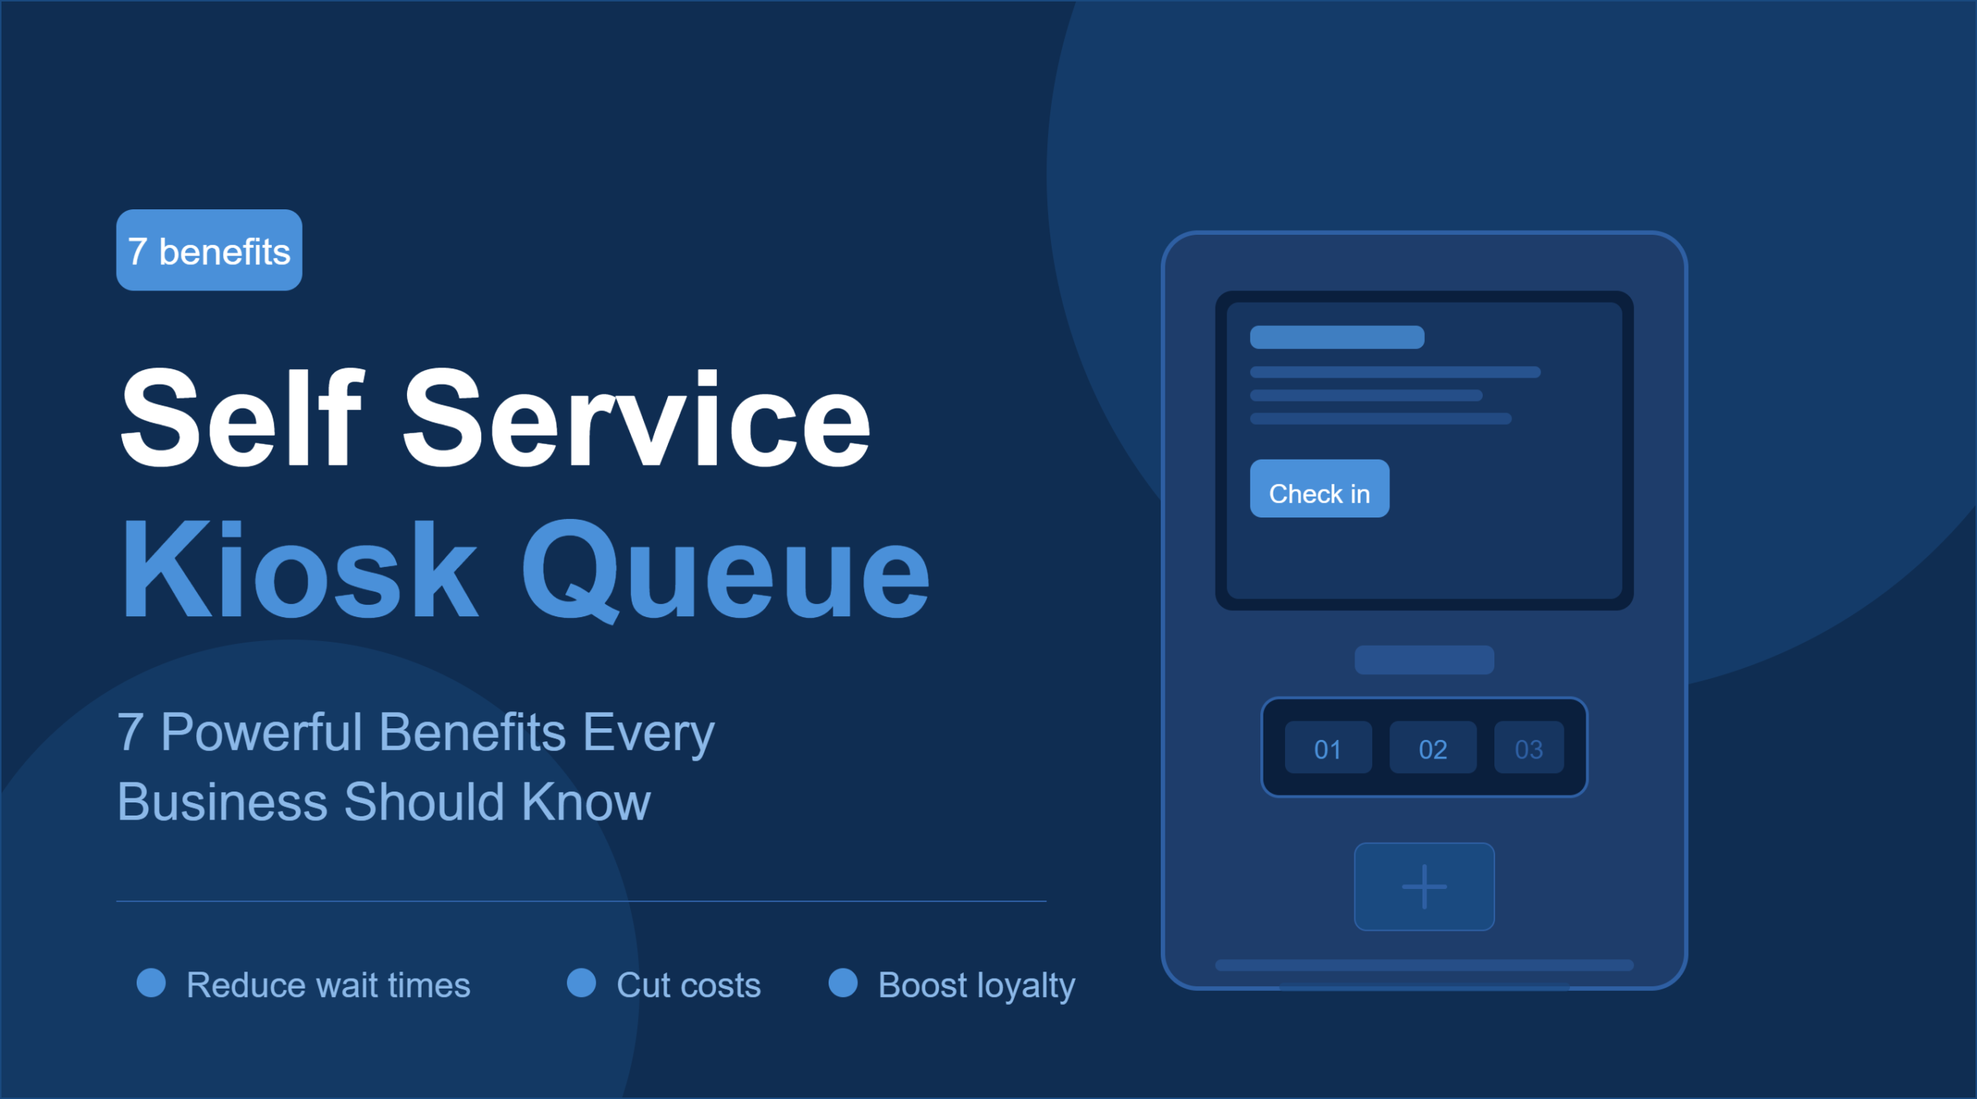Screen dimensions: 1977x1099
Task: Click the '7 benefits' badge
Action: [x=209, y=250]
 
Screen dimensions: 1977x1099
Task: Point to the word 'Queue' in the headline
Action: [x=726, y=572]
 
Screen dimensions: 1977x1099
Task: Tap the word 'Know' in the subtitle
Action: [x=586, y=802]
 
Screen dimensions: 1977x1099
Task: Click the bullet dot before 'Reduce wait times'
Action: [x=151, y=983]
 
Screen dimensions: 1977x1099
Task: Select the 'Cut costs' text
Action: [x=689, y=985]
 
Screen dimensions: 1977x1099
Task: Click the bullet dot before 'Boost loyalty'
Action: [x=843, y=983]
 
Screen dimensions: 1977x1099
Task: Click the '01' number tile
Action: [x=1328, y=748]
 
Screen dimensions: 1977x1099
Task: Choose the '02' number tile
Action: [x=1433, y=748]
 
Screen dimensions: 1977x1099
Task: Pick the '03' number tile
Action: [x=1529, y=748]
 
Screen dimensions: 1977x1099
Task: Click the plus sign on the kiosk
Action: [x=1424, y=887]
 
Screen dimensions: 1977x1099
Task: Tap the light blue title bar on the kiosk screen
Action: [x=1337, y=338]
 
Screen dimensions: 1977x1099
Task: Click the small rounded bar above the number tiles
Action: [x=1424, y=660]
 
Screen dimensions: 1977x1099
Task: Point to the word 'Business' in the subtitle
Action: [x=222, y=802]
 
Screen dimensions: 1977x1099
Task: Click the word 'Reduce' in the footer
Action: [x=246, y=985]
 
